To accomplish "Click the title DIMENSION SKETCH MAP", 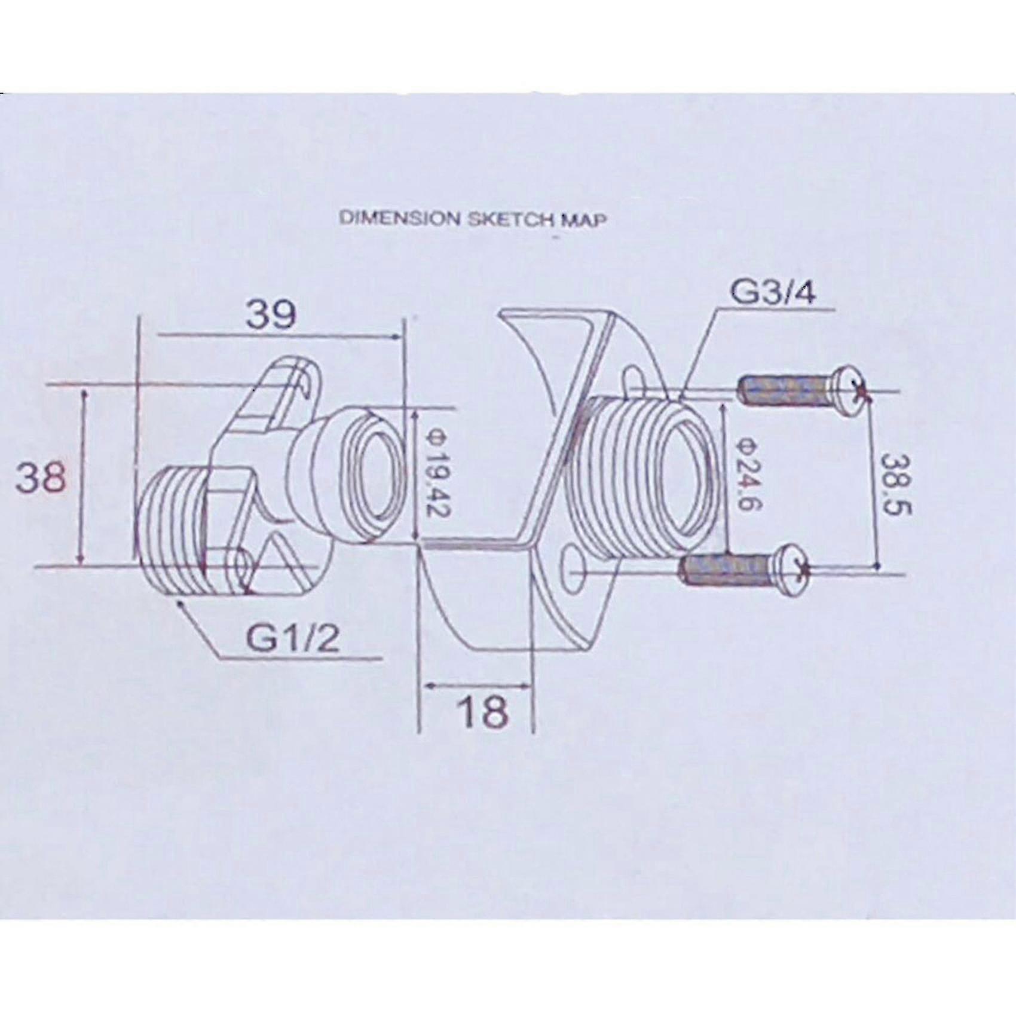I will [x=473, y=219].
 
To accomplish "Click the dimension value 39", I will [x=271, y=314].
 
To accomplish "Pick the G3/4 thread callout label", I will [x=772, y=294].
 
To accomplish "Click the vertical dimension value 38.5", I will [x=895, y=484].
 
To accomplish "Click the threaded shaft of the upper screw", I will [x=784, y=391].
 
